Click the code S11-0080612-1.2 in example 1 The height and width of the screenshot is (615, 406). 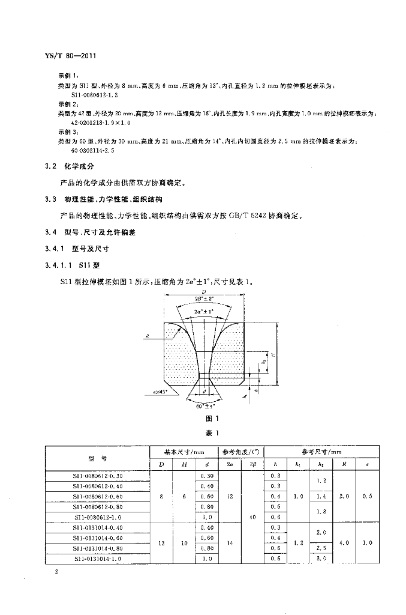coord(95,95)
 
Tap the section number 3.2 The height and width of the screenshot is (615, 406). coord(52,165)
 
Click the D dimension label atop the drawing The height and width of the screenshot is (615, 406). coord(204,291)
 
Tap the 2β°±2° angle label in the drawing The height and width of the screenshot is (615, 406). coord(204,298)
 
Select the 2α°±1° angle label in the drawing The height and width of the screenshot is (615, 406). coord(204,312)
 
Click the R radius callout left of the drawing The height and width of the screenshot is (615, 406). coord(148,338)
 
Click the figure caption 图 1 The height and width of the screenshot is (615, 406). coord(204,419)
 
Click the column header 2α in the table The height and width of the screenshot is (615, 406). coord(231,464)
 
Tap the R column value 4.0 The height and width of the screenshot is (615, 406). coord(344,542)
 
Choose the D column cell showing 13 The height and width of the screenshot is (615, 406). coord(161,542)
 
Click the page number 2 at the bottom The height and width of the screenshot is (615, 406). coord(55,572)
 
